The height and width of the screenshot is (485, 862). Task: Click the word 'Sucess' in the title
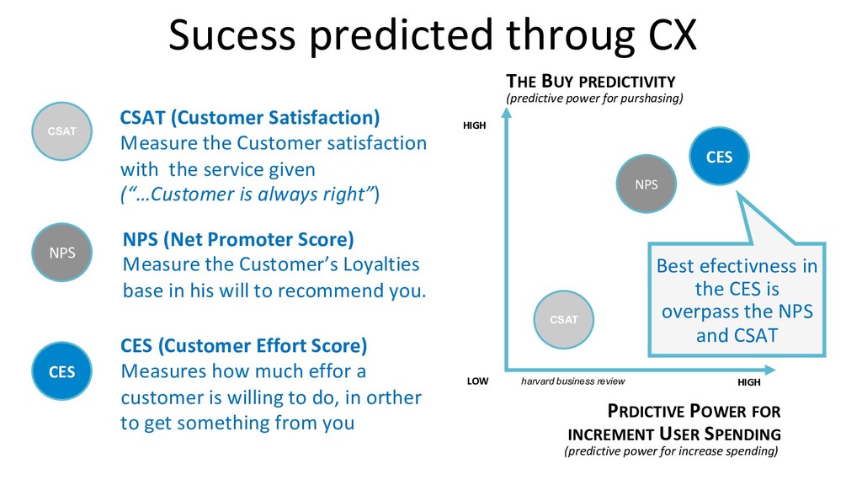pyautogui.click(x=232, y=35)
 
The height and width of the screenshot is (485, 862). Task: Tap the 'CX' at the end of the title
pyautogui.click(x=673, y=35)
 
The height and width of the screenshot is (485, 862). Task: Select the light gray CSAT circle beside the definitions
pyautogui.click(x=61, y=131)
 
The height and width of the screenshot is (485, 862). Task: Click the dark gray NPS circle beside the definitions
pyautogui.click(x=61, y=253)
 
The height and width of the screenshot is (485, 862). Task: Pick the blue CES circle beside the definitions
pyautogui.click(x=61, y=371)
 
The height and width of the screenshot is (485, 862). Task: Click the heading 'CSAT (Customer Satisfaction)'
pyautogui.click(x=250, y=118)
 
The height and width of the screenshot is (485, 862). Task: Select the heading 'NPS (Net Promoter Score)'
pyautogui.click(x=238, y=240)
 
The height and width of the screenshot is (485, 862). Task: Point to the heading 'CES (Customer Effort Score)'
pyautogui.click(x=243, y=346)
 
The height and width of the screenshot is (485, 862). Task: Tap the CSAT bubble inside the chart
pyautogui.click(x=563, y=319)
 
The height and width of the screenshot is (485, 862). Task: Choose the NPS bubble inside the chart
pyautogui.click(x=646, y=184)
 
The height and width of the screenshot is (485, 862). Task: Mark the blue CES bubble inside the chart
pyautogui.click(x=719, y=157)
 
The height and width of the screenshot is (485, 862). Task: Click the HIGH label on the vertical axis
pyautogui.click(x=475, y=125)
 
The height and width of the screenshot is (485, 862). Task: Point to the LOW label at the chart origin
pyautogui.click(x=478, y=381)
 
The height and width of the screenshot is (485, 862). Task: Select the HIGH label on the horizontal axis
pyautogui.click(x=749, y=382)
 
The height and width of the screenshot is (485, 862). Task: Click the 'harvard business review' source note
pyautogui.click(x=572, y=381)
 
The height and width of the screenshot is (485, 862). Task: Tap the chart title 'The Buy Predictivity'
pyautogui.click(x=591, y=82)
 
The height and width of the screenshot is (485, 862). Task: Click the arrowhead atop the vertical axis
pyautogui.click(x=507, y=113)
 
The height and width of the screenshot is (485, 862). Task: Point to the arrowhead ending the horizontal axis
pyautogui.click(x=770, y=370)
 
